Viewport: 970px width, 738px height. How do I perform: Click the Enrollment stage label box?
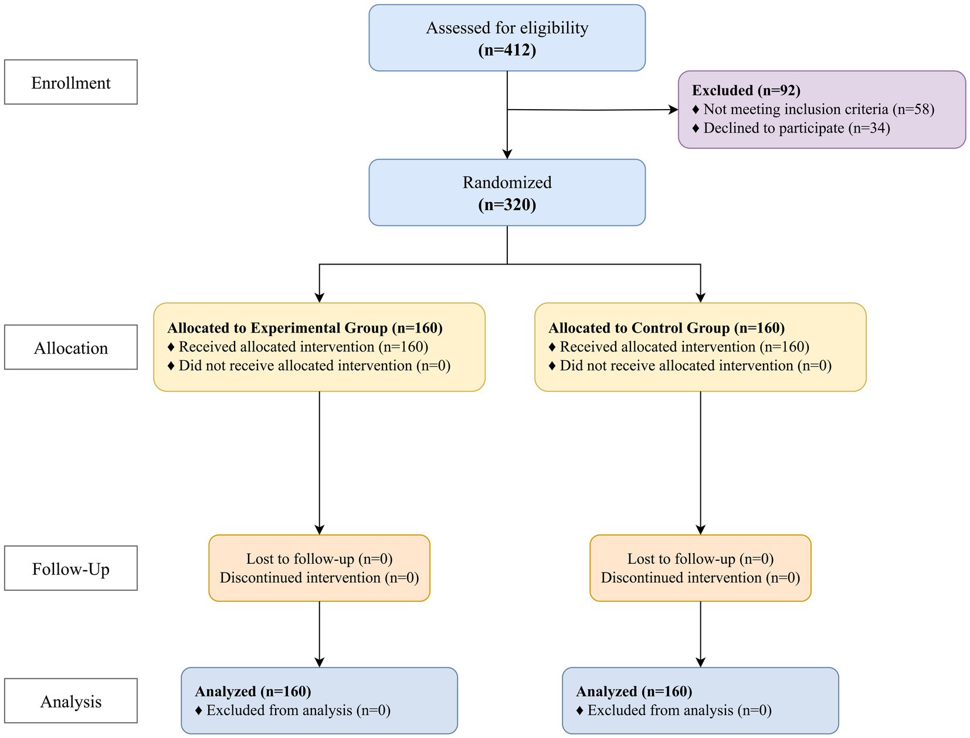70,82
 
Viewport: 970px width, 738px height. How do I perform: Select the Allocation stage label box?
70,347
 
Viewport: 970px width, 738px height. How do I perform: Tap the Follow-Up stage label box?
70,568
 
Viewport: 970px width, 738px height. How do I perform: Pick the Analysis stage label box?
70,701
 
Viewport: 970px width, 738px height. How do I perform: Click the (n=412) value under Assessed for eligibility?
507,50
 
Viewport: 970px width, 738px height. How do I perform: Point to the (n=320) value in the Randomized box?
507,205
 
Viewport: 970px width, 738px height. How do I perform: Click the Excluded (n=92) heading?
746,90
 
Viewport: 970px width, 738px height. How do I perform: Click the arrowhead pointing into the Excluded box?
673,110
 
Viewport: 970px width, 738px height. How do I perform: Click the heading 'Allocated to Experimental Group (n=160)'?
304,328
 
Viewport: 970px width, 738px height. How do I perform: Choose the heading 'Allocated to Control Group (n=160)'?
666,328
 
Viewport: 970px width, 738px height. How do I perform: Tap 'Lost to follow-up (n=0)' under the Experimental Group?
319,558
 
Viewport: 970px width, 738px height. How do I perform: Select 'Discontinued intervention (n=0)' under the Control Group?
700,578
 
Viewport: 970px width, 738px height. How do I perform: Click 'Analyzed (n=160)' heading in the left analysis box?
253,692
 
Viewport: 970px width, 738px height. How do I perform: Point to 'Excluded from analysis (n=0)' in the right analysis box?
679,710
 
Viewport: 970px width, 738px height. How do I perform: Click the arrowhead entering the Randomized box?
507,154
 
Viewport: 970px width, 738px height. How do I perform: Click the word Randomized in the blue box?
507,182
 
